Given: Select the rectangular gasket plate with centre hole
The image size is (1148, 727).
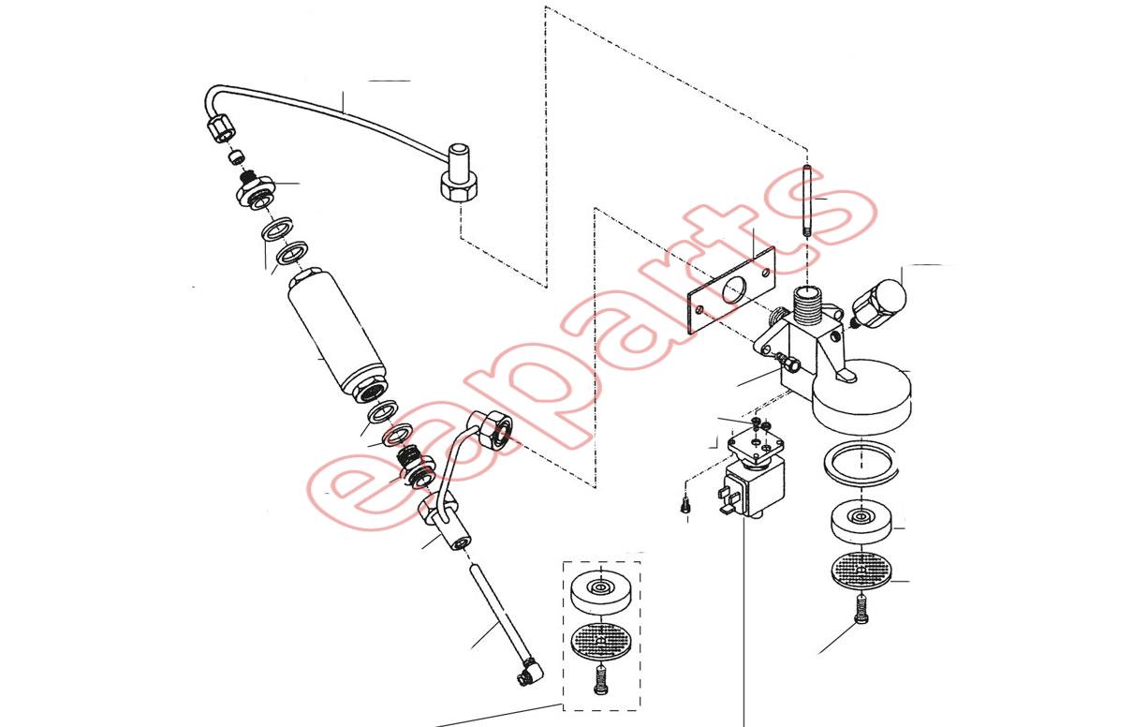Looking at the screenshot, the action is click(x=730, y=290).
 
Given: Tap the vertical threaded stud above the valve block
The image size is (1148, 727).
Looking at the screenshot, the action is click(x=807, y=200).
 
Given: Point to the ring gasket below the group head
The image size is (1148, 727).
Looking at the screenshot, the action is click(x=861, y=464).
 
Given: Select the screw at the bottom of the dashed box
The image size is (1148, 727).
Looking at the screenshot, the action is click(x=600, y=678).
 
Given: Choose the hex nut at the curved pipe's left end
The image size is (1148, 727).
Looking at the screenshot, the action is click(x=221, y=127).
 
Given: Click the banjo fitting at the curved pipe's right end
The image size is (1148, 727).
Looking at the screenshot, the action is click(x=460, y=173).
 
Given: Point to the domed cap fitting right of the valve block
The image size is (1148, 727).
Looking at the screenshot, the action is click(x=878, y=304).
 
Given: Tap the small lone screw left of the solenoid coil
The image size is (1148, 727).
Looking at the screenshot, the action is click(x=684, y=506).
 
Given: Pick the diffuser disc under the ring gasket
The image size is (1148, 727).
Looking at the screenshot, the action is click(x=861, y=520).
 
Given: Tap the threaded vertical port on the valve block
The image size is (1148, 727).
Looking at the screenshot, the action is click(x=806, y=302).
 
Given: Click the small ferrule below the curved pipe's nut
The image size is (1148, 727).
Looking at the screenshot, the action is click(x=236, y=156).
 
